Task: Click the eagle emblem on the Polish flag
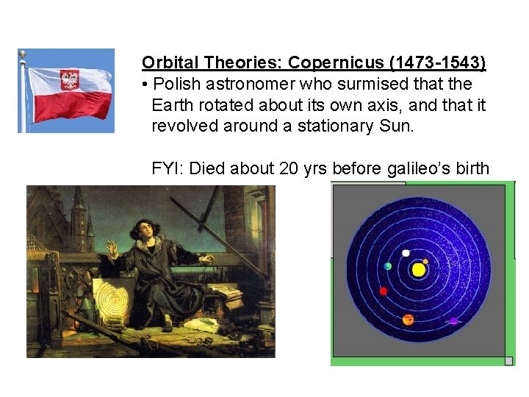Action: (x=71, y=79)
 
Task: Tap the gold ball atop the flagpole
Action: (x=23, y=54)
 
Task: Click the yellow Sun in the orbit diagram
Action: (x=419, y=270)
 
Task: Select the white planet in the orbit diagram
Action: (x=406, y=253)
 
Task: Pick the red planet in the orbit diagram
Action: (x=383, y=291)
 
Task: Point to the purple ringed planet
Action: (x=454, y=321)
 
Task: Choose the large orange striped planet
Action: (x=409, y=320)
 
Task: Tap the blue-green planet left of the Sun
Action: (x=388, y=266)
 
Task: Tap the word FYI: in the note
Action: (x=168, y=168)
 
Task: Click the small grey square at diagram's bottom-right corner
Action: (x=508, y=361)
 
